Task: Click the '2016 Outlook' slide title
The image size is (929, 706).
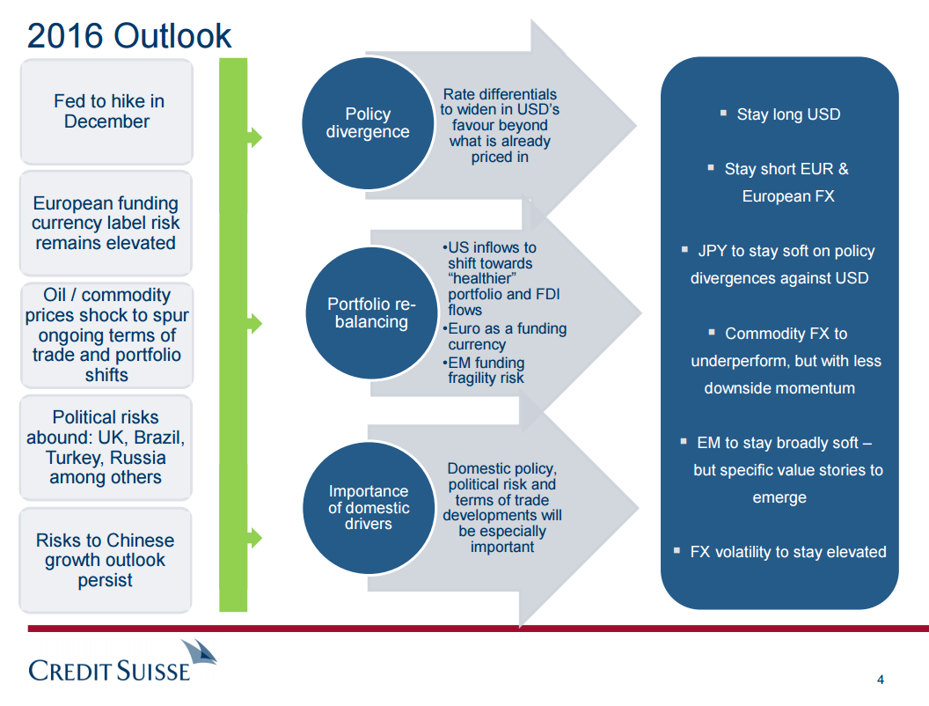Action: pyautogui.click(x=129, y=35)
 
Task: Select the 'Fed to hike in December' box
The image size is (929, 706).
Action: pyautogui.click(x=106, y=112)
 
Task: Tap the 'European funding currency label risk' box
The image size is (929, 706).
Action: pyautogui.click(x=106, y=223)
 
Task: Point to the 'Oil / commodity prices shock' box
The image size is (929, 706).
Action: pyautogui.click(x=106, y=335)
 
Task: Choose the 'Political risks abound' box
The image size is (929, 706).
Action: pyautogui.click(x=106, y=447)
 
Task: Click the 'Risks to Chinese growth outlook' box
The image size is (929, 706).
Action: pyautogui.click(x=106, y=560)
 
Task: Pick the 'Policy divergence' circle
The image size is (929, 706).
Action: pyautogui.click(x=368, y=123)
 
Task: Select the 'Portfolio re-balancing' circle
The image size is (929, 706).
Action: pyautogui.click(x=371, y=313)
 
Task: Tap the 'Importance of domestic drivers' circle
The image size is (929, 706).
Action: pyautogui.click(x=369, y=508)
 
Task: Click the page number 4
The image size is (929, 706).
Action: pyautogui.click(x=881, y=680)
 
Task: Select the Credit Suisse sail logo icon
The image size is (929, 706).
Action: pyautogui.click(x=199, y=655)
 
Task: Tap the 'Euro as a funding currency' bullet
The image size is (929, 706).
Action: pyautogui.click(x=505, y=336)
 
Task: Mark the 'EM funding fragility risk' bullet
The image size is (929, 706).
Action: pyautogui.click(x=484, y=370)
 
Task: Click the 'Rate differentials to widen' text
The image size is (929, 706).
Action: pyautogui.click(x=500, y=125)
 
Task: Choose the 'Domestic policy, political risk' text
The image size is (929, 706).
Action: pyautogui.click(x=501, y=507)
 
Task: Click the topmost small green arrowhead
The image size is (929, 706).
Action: pyautogui.click(x=255, y=137)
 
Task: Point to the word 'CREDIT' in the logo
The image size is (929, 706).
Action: pyautogui.click(x=69, y=671)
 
